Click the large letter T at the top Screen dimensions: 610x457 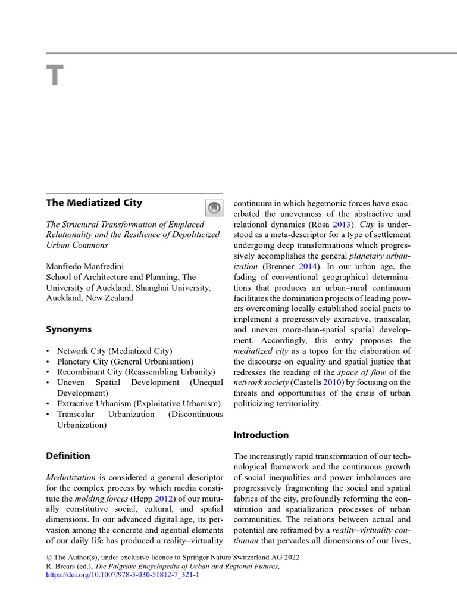click(54, 76)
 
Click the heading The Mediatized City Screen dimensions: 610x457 click(94, 203)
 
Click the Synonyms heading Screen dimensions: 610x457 click(68, 329)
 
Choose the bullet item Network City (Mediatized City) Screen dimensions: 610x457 click(114, 351)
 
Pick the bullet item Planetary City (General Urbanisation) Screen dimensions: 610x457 click(125, 362)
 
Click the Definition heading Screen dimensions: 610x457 click(68, 456)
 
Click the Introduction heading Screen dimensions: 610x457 click(261, 435)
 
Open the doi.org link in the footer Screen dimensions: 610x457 click(122, 576)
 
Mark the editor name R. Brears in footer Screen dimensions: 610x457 click(62, 567)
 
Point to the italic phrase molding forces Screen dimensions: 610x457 click(96, 499)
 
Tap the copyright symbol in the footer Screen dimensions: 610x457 click(49, 557)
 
